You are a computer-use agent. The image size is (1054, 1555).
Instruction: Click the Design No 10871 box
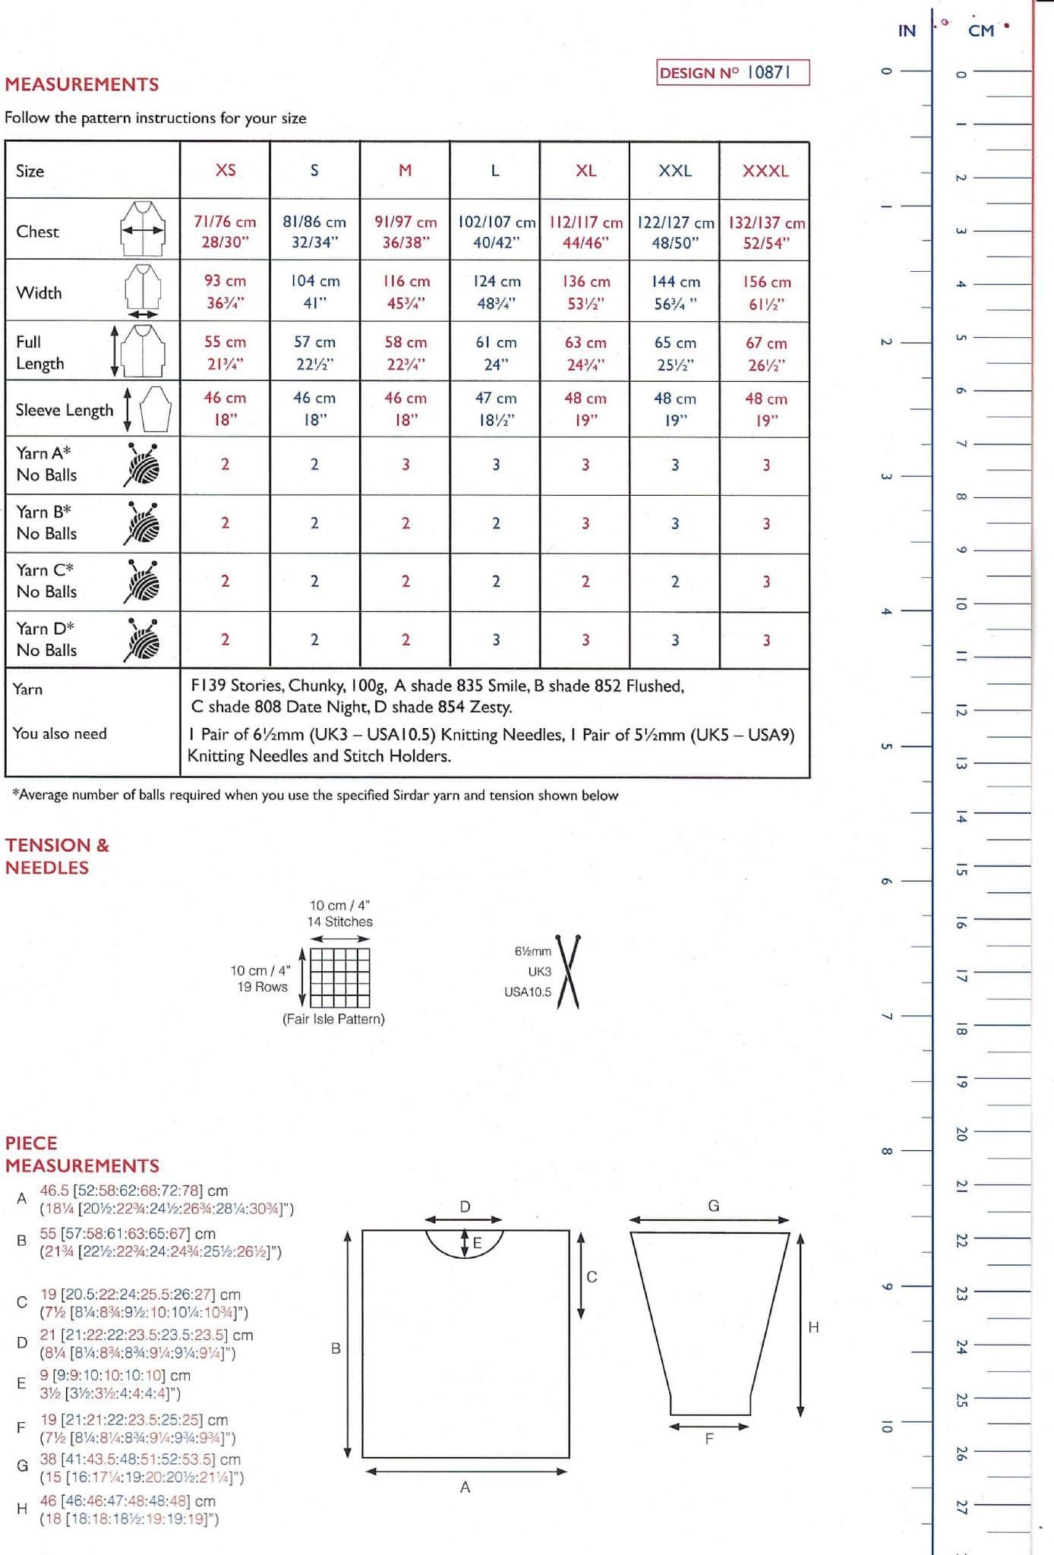pyautogui.click(x=732, y=73)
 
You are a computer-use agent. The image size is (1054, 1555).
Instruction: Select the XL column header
pyautogui.click(x=585, y=171)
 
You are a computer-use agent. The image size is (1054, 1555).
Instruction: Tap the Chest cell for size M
pyautogui.click(x=406, y=232)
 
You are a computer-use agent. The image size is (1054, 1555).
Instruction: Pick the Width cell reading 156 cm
pyautogui.click(x=766, y=292)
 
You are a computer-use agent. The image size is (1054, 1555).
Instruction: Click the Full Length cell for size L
pyautogui.click(x=496, y=353)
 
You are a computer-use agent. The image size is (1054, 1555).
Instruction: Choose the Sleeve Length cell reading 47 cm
pyautogui.click(x=496, y=409)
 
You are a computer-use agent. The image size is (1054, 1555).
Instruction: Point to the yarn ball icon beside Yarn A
pyautogui.click(x=142, y=464)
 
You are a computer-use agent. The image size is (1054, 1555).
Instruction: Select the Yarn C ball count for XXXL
pyautogui.click(x=766, y=582)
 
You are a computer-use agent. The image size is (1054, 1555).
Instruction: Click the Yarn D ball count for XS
pyautogui.click(x=225, y=640)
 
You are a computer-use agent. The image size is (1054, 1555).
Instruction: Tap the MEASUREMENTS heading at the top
pyautogui.click(x=82, y=84)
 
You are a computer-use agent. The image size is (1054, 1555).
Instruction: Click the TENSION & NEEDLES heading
pyautogui.click(x=58, y=856)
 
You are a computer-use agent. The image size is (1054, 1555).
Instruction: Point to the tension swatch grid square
pyautogui.click(x=340, y=977)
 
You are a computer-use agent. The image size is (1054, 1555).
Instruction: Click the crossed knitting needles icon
pyautogui.click(x=569, y=972)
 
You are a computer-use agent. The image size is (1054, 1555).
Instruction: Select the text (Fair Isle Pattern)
pyautogui.click(x=333, y=1019)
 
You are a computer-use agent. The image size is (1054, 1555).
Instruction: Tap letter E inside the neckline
pyautogui.click(x=478, y=1243)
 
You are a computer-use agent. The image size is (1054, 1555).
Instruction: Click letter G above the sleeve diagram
pyautogui.click(x=713, y=1206)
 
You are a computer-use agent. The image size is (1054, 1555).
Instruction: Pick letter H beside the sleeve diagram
pyautogui.click(x=813, y=1326)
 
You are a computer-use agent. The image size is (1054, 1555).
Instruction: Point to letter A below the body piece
pyautogui.click(x=465, y=1487)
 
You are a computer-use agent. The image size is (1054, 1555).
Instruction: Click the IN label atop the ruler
pyautogui.click(x=907, y=31)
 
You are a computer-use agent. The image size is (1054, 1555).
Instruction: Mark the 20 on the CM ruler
pyautogui.click(x=961, y=1134)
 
